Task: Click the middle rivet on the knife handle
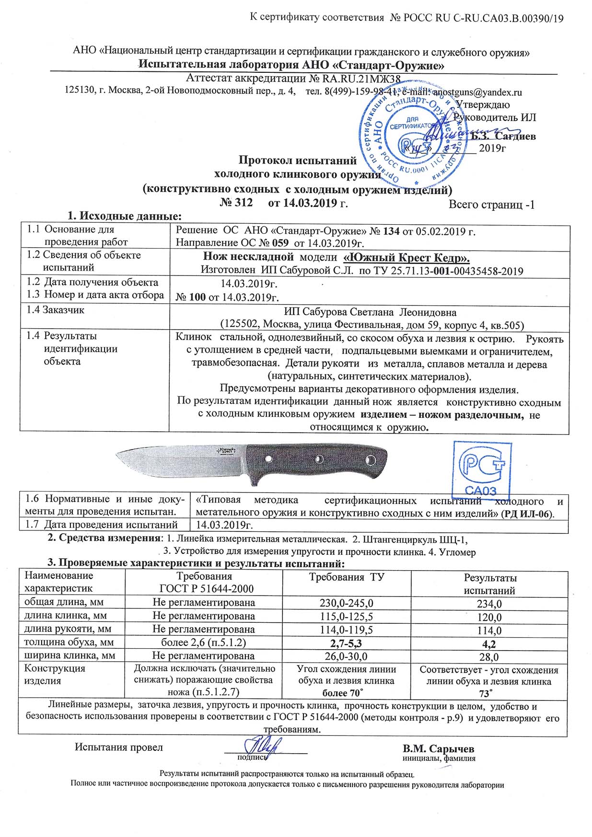[319, 460]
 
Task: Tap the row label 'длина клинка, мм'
[65, 616]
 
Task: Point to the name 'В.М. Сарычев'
[439, 748]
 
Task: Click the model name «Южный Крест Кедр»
[406, 257]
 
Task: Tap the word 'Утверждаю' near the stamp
[483, 104]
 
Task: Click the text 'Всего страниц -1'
[491, 205]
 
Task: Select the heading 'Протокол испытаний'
[298, 160]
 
